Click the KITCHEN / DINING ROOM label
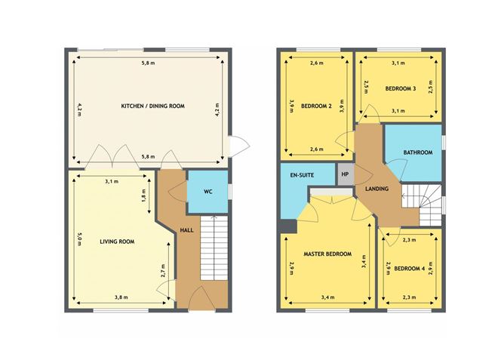(x=152, y=106)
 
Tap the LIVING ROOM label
(x=117, y=242)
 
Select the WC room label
(x=207, y=192)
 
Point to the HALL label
(x=187, y=230)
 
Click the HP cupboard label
(x=346, y=174)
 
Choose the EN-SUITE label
(x=302, y=175)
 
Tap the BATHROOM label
(x=418, y=152)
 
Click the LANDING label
(x=376, y=189)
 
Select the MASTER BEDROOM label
(x=327, y=254)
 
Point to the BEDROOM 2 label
(x=316, y=106)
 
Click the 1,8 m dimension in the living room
(x=144, y=195)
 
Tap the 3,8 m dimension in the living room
(x=121, y=297)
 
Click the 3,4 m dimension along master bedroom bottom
(x=328, y=297)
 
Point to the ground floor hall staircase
(x=214, y=248)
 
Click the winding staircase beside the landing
(x=422, y=205)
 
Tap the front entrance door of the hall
(x=202, y=299)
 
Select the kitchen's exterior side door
(x=238, y=146)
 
